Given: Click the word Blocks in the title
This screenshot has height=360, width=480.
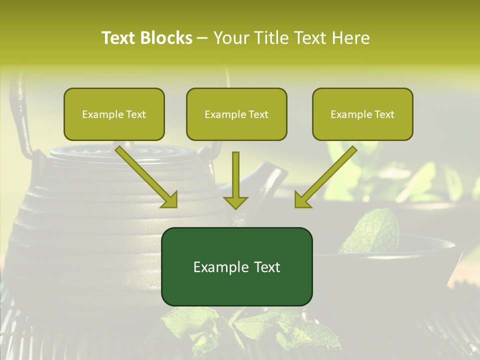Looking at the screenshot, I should pos(166,38).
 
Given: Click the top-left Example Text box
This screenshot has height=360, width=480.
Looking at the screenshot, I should pos(114,114).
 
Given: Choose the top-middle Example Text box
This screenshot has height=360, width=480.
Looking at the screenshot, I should pos(236,114).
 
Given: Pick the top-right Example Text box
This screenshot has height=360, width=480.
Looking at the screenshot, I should pos(362,114).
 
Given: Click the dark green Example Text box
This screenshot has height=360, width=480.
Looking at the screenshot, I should pos(236,266).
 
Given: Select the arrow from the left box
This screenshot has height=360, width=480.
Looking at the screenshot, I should pos(147,177).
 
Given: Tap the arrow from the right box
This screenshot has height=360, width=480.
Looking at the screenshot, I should pos(325,177).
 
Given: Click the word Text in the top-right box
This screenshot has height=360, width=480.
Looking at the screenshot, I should pos(384,114).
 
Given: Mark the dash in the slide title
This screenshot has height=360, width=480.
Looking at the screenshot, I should pos(202,38).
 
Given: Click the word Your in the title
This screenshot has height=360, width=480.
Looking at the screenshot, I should pos(231,38).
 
